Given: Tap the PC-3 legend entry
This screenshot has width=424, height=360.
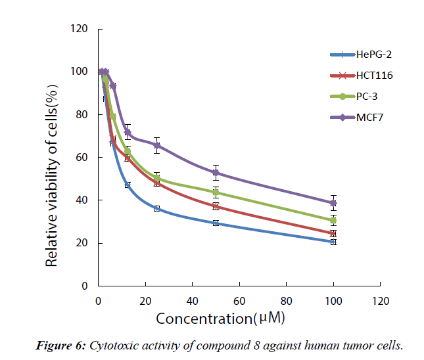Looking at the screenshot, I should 369,97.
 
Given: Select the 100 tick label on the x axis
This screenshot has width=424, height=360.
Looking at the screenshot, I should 333,302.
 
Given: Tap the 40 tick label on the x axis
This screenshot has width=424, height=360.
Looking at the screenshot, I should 192,302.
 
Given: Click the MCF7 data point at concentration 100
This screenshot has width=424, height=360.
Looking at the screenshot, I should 333,203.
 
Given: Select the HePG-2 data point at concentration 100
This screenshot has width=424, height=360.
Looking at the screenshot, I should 333,242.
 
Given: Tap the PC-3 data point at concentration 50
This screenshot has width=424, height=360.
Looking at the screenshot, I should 216,192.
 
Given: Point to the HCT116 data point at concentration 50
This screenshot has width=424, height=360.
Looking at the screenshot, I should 216,206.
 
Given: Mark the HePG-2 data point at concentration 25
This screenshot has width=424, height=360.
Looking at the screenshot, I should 157,208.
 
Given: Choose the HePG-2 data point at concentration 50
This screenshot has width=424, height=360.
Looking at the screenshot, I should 216,223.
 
